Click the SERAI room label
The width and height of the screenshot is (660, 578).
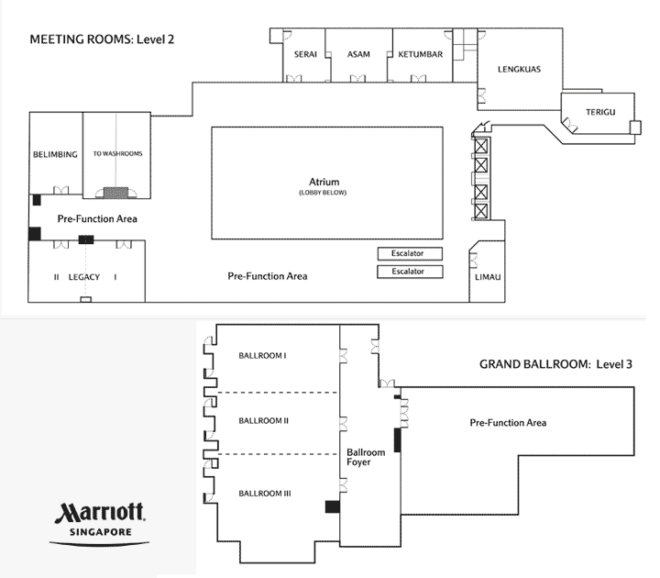pyautogui.click(x=306, y=55)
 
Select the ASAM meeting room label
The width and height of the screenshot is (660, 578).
pyautogui.click(x=359, y=55)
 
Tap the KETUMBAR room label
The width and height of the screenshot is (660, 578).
pyautogui.click(x=421, y=55)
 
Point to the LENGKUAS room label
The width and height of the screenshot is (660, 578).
pyautogui.click(x=517, y=69)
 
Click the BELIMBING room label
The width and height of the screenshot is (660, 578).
pyautogui.click(x=55, y=154)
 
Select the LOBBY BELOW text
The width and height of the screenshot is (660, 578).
pyautogui.click(x=326, y=193)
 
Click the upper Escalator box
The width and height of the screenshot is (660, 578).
pyautogui.click(x=410, y=253)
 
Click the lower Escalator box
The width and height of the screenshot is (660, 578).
pyautogui.click(x=410, y=272)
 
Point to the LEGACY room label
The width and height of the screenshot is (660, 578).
pyautogui.click(x=83, y=276)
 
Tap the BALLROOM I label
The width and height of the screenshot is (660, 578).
pyautogui.click(x=263, y=355)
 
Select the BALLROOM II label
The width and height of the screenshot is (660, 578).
pyautogui.click(x=264, y=421)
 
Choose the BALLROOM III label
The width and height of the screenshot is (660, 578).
pyautogui.click(x=264, y=494)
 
